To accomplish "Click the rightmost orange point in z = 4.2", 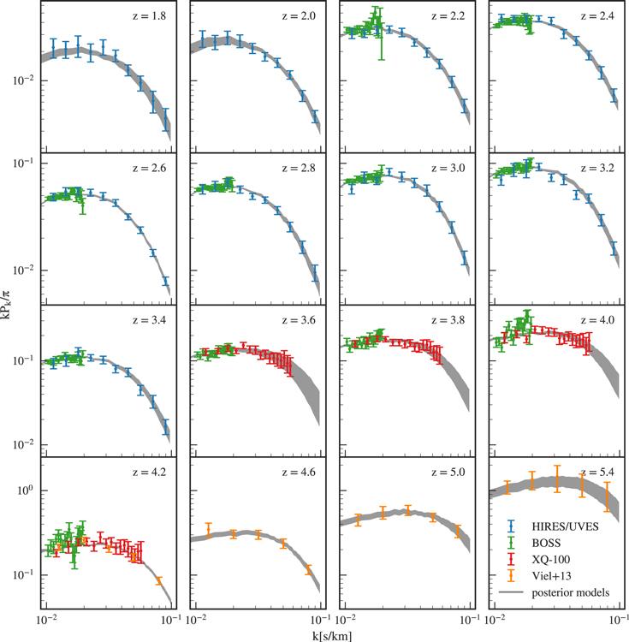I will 158,581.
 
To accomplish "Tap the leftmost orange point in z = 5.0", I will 358,519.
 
